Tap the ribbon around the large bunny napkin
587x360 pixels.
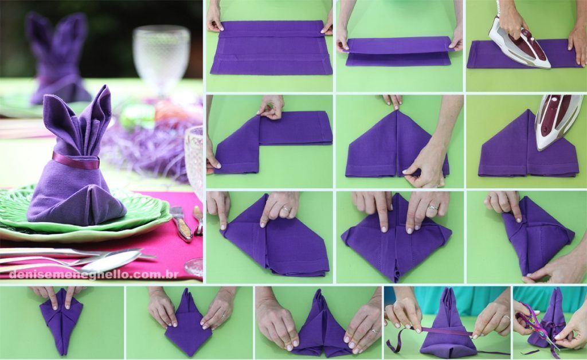coord(75,161)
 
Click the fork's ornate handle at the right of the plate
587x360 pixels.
coord(198,221)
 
